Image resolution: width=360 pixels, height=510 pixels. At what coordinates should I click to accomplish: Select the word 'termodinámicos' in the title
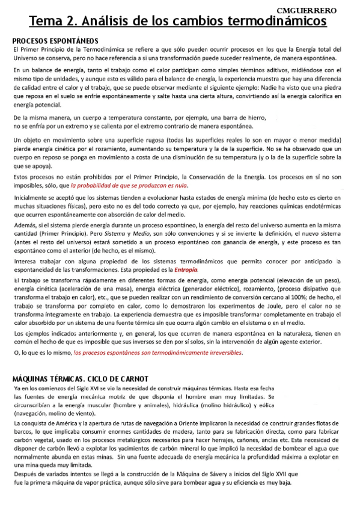pyautogui.click(x=276, y=23)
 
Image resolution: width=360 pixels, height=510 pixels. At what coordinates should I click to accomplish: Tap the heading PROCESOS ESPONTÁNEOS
pyautogui.click(x=52, y=41)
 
